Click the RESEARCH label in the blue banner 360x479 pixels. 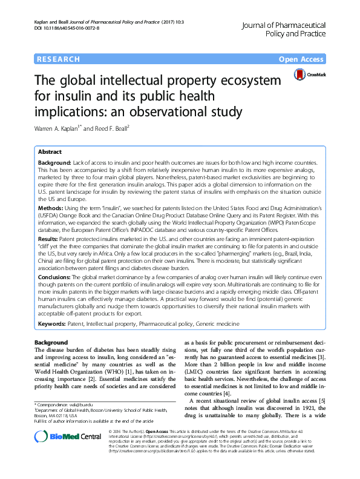[x=59, y=59]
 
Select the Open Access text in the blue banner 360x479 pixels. [x=302, y=59]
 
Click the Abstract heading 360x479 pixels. [x=50, y=152]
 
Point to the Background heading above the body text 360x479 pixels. [x=51, y=343]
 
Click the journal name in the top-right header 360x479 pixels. [x=291, y=30]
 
